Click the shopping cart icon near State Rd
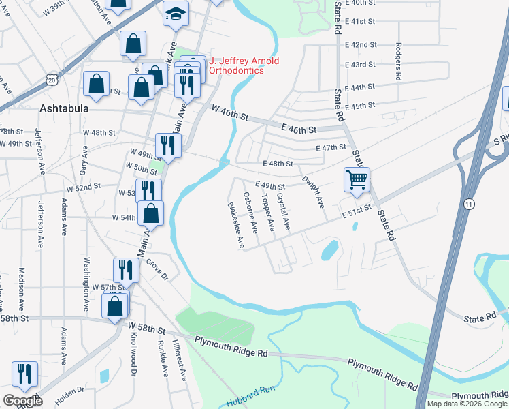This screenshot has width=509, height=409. [x=357, y=181]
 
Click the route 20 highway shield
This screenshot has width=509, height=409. [x=52, y=80]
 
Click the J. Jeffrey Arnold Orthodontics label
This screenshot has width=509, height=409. [x=244, y=66]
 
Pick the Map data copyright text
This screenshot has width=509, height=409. [x=466, y=404]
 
